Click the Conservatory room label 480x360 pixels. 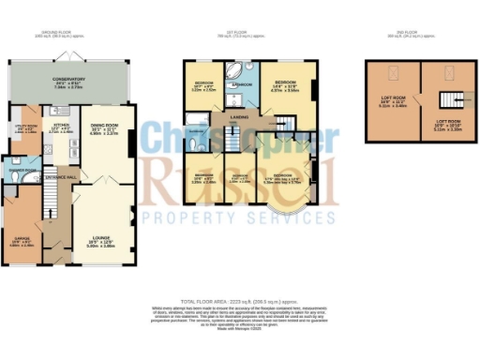coord(69,80)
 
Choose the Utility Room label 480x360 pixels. coord(25,126)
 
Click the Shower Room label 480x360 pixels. coord(22,172)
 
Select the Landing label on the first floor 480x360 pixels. coord(239,118)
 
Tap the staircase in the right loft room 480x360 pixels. coord(453,98)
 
